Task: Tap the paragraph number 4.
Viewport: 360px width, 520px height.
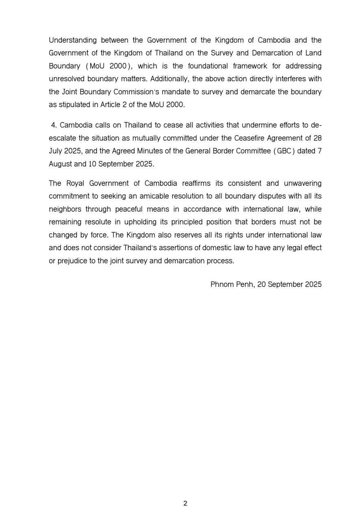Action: tap(54, 125)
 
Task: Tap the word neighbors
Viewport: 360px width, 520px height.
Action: tap(65, 209)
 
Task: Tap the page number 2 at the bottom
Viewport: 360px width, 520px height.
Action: tap(185, 503)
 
